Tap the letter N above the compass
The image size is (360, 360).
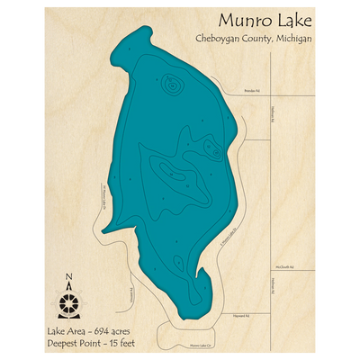click(x=71, y=276)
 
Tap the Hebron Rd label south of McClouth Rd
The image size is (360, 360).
click(x=271, y=285)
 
